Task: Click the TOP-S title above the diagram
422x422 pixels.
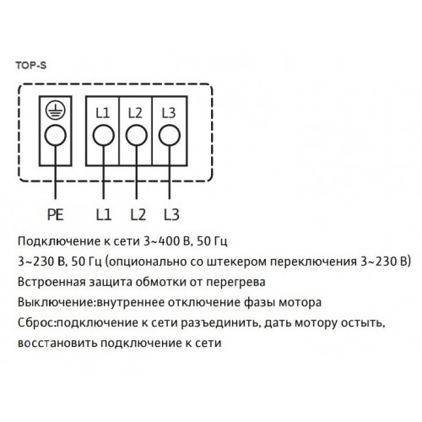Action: [x=31, y=65]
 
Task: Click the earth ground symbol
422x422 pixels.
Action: [x=56, y=110]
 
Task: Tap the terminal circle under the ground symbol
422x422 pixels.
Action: [x=56, y=135]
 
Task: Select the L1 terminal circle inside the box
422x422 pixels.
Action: [x=104, y=135]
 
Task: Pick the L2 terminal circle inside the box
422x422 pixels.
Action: [x=137, y=135]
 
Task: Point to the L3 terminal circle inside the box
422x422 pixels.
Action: [x=170, y=135]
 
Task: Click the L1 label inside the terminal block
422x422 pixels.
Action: [x=102, y=113]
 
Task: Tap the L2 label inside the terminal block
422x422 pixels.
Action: [x=135, y=113]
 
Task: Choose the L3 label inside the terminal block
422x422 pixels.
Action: [x=169, y=113]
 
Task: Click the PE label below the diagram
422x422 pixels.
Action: [x=56, y=214]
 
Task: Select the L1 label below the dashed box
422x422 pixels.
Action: [x=104, y=214]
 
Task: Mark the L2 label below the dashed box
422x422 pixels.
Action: [x=138, y=214]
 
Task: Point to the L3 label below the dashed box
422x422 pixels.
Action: [x=171, y=214]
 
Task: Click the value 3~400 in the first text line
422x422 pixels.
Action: [x=161, y=241]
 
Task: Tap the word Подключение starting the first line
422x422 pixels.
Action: [x=58, y=241]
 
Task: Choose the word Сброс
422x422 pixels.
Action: [x=35, y=323]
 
